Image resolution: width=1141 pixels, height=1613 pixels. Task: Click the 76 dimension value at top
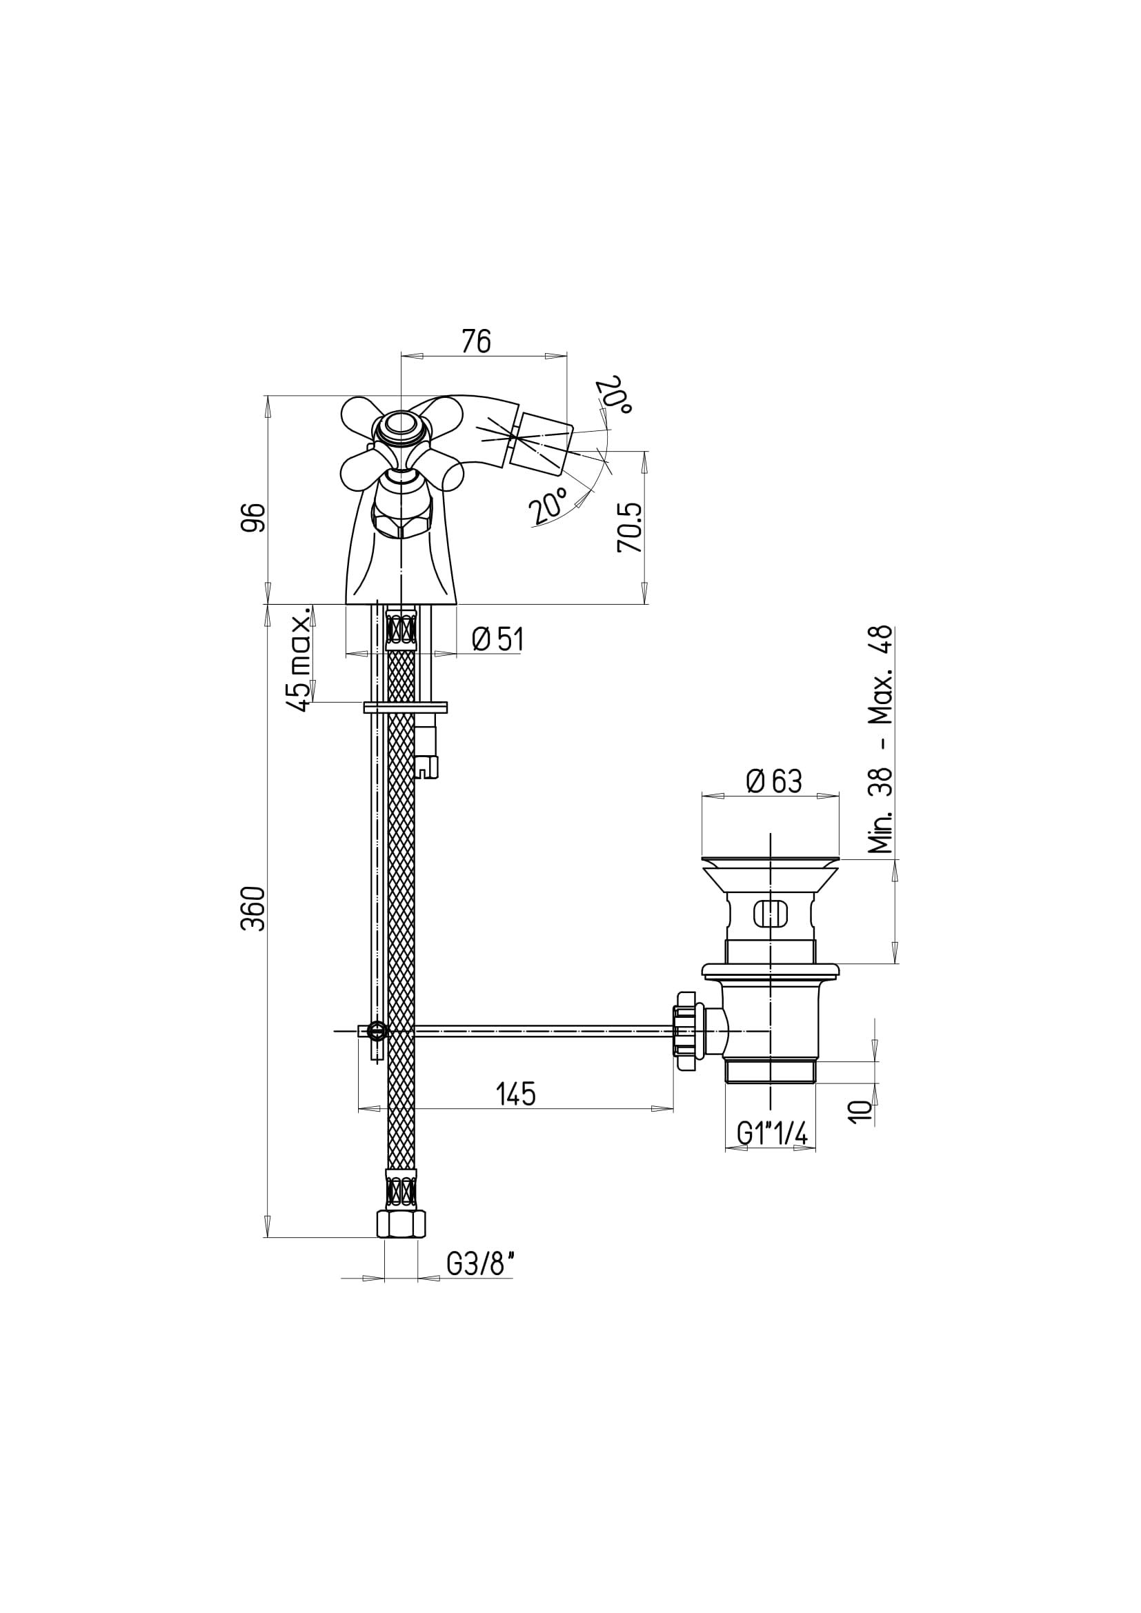tap(476, 341)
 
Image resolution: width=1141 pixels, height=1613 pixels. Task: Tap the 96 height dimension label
tap(255, 518)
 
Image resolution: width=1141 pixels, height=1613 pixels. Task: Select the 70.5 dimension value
tap(631, 528)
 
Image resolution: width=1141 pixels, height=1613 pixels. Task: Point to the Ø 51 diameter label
tap(498, 640)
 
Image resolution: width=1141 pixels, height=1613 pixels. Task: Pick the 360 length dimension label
tap(254, 909)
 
